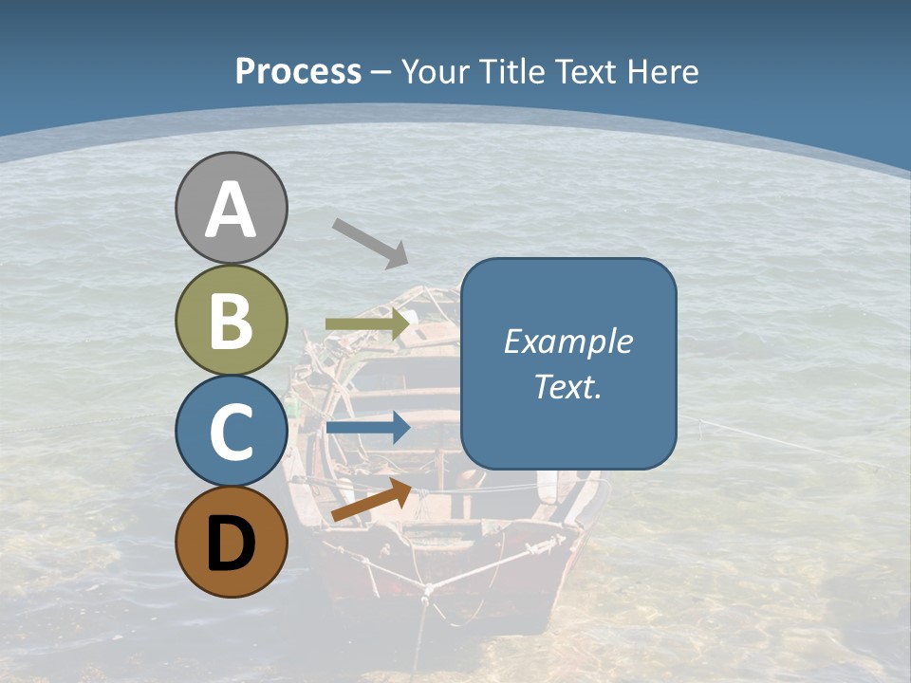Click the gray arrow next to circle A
(x=370, y=243)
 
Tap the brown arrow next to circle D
(x=371, y=501)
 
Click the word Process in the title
(x=298, y=72)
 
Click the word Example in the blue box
(x=567, y=341)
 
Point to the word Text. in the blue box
(x=567, y=386)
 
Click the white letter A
(x=232, y=211)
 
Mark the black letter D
(x=232, y=545)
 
